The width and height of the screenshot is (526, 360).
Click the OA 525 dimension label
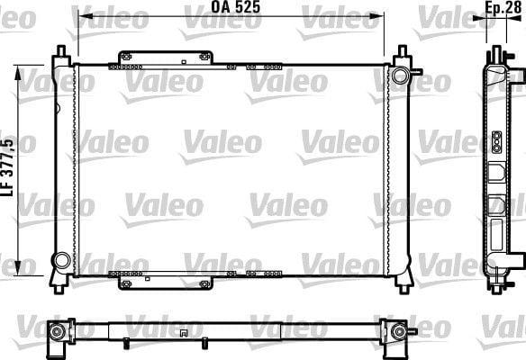235,7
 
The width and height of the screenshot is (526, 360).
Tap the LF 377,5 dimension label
8,167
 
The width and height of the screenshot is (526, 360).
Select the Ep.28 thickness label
503,8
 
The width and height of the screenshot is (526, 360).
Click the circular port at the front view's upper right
400,75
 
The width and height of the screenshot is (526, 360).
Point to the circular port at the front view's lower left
62,260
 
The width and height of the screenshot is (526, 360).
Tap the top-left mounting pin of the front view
61,51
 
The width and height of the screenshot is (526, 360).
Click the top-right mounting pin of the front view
403,51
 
